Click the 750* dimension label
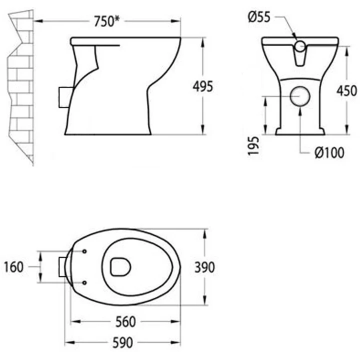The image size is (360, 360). click(107, 21)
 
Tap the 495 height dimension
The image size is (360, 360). click(202, 86)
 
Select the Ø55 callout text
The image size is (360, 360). click(259, 17)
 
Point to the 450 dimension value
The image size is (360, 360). click(346, 90)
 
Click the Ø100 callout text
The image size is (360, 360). click(329, 152)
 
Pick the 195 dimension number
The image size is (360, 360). click(253, 146)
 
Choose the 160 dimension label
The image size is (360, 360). click(14, 267)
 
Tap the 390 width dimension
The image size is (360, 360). click(204, 267)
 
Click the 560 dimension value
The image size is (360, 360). click(125, 322)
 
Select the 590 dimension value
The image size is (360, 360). click(122, 343)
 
